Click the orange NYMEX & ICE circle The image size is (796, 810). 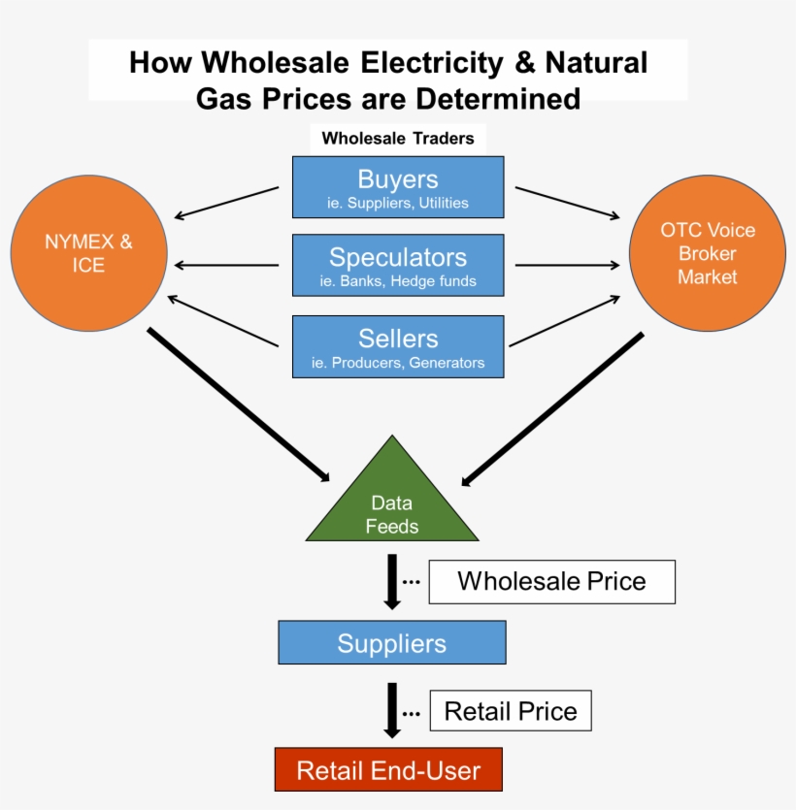[x=88, y=252]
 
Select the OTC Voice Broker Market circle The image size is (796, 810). [x=707, y=253]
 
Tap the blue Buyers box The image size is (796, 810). [x=398, y=187]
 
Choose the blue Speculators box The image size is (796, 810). [x=398, y=265]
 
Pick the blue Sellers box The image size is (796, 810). [x=398, y=346]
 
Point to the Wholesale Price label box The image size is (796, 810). [x=551, y=581]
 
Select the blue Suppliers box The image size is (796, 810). [x=392, y=643]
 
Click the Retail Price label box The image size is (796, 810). [x=510, y=711]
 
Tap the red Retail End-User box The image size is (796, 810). [x=388, y=770]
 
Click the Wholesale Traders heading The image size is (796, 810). [x=398, y=138]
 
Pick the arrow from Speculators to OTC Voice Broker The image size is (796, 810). [x=568, y=264]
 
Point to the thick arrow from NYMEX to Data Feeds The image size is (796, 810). [x=239, y=405]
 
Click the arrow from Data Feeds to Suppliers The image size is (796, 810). [x=392, y=581]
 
